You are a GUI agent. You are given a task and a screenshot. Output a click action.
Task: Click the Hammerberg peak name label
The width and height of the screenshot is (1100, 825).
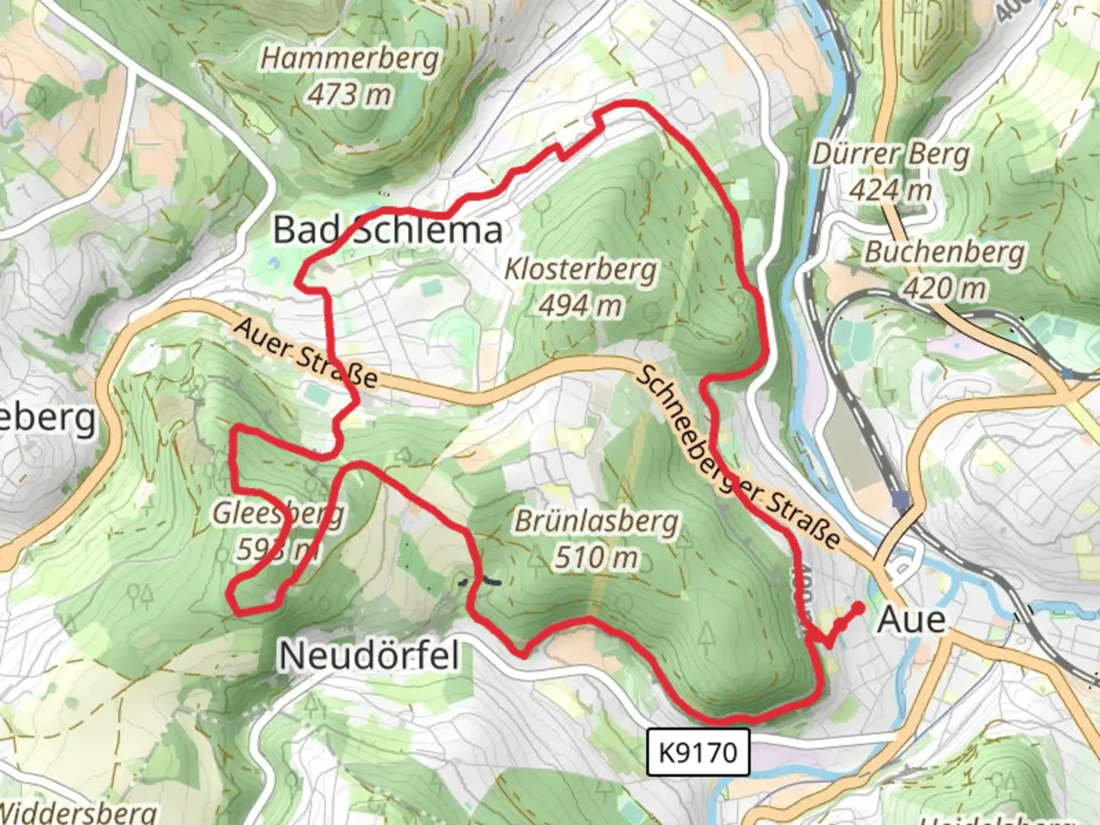pyautogui.click(x=351, y=59)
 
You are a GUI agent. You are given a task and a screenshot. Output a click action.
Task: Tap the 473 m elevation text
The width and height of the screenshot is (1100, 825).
pyautogui.click(x=350, y=95)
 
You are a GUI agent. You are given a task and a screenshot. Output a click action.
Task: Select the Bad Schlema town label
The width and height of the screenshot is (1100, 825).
pyautogui.click(x=388, y=230)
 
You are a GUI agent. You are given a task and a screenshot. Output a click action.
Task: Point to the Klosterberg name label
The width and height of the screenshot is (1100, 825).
pyautogui.click(x=581, y=270)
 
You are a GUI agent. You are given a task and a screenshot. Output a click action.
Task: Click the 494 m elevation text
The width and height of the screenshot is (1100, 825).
pyautogui.click(x=581, y=306)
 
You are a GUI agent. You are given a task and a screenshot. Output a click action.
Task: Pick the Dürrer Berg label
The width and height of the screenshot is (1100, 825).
pyautogui.click(x=890, y=154)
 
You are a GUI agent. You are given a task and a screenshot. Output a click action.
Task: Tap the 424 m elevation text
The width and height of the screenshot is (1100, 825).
pyautogui.click(x=891, y=189)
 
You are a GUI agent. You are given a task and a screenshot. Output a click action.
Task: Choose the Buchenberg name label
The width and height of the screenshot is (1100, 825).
pyautogui.click(x=945, y=252)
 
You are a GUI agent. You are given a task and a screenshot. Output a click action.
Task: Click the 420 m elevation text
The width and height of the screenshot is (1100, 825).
pyautogui.click(x=945, y=288)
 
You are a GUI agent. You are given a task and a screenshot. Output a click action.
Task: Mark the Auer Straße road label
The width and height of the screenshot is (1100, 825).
pyautogui.click(x=306, y=353)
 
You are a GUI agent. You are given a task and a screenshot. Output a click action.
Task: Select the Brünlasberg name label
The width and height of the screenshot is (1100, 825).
pyautogui.click(x=597, y=522)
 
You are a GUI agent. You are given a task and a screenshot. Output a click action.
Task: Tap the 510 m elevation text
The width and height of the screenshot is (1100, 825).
pyautogui.click(x=597, y=558)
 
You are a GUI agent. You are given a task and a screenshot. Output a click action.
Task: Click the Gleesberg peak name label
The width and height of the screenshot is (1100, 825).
pyautogui.click(x=278, y=513)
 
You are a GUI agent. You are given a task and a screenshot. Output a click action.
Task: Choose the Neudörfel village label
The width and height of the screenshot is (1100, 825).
pyautogui.click(x=370, y=655)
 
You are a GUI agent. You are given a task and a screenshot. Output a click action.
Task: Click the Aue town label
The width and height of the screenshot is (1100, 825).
pyautogui.click(x=911, y=620)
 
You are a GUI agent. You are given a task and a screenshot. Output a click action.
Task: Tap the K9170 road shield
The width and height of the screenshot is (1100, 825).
pyautogui.click(x=698, y=752)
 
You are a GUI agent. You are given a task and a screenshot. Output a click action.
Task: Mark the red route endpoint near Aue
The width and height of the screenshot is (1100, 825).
pyautogui.click(x=858, y=608)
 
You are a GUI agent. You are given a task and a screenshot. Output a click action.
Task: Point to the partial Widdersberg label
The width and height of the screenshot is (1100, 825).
pyautogui.click(x=76, y=813)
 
